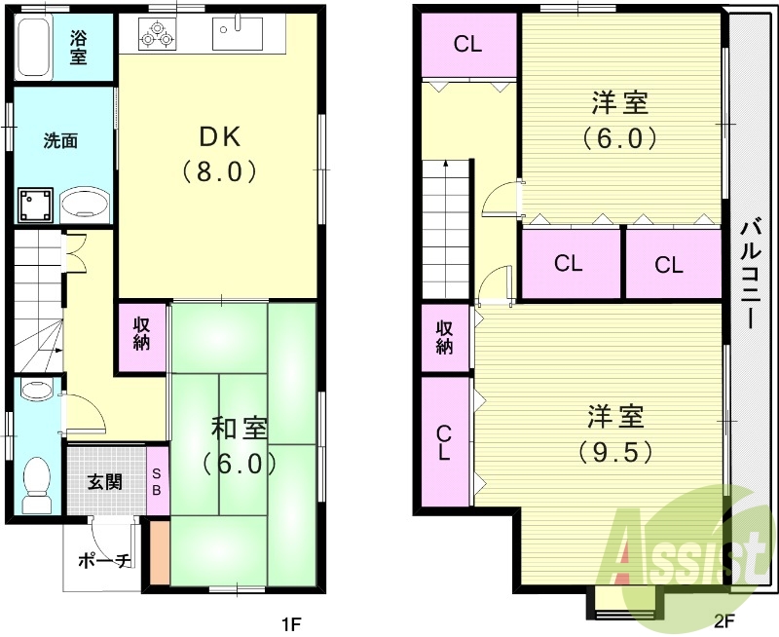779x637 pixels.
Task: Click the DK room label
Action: (x=220, y=135)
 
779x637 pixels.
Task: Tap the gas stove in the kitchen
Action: (x=158, y=36)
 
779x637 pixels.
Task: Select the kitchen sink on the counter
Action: (x=238, y=36)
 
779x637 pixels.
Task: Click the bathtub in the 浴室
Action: (x=35, y=48)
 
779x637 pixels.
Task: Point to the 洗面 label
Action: (x=59, y=140)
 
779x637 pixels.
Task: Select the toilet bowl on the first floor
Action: (x=38, y=483)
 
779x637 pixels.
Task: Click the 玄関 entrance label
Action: (x=104, y=481)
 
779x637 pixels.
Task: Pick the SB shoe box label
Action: (x=156, y=481)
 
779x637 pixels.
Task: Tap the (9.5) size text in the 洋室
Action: (x=614, y=452)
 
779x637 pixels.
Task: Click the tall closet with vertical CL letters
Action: (x=443, y=443)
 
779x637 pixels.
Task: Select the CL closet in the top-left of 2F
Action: (x=467, y=45)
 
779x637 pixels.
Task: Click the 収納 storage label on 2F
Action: (x=444, y=337)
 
